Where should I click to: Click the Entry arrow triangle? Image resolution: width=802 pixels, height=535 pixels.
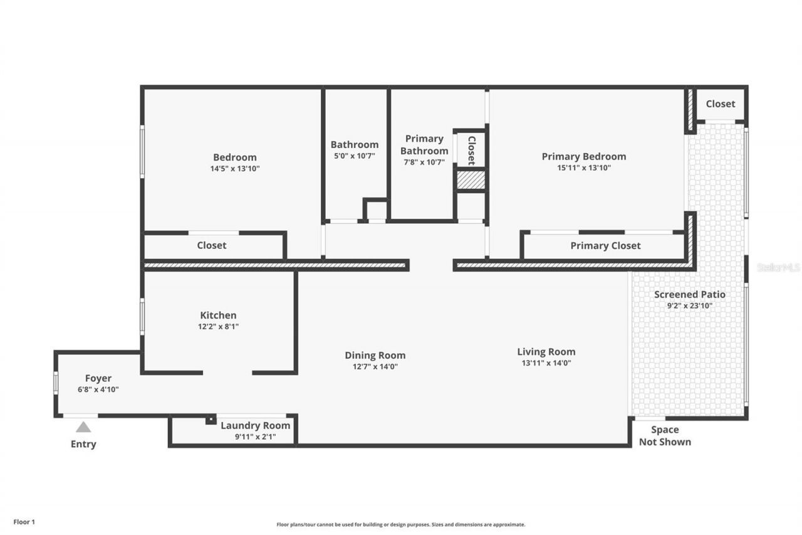pos(83,427)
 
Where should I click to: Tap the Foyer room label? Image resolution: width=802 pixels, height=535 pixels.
pos(98,378)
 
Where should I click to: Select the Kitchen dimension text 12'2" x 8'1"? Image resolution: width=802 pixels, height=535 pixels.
pos(218,326)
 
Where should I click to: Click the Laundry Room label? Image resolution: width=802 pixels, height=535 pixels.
pos(255,425)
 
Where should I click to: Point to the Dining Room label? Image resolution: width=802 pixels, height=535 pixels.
pos(375,355)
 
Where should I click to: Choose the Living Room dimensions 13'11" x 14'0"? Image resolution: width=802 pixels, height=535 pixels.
pos(546,363)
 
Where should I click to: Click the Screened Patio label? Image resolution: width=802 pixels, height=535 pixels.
pos(689,294)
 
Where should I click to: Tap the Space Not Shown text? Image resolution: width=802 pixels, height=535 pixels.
pos(665,435)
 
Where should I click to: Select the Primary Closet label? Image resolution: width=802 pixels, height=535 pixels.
pos(605,246)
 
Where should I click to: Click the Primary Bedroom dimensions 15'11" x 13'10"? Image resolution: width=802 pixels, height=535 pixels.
pos(583,167)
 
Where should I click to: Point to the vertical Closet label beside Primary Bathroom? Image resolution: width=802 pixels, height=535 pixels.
pos(471,151)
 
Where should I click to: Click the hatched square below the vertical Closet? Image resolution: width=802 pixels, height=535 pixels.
pos(471,180)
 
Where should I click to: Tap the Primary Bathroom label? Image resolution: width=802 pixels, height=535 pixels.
pos(424,144)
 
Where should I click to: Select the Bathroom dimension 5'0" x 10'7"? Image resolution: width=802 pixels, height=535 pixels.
pos(355,156)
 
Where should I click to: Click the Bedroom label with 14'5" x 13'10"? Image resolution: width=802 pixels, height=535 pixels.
pos(235,157)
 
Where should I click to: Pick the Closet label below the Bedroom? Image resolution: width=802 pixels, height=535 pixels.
pos(212,245)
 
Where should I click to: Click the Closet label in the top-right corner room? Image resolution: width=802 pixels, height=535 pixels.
pos(720,103)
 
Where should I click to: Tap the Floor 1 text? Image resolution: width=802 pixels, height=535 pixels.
pos(24,521)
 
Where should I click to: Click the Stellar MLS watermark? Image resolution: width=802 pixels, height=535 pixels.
pos(778,267)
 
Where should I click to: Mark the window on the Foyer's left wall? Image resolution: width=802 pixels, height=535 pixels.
pos(56,383)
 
